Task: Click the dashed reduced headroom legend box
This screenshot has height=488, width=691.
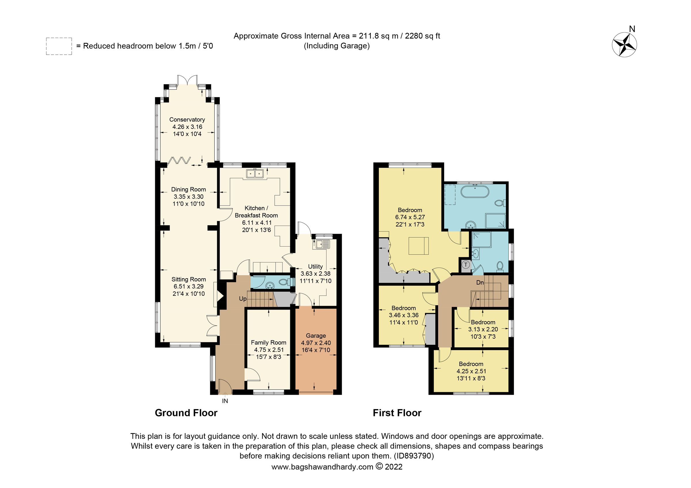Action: [x=59, y=46]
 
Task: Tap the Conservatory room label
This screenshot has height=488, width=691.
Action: [x=187, y=120]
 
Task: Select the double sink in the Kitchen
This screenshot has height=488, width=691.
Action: [x=255, y=174]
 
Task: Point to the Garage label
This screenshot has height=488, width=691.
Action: [x=316, y=335]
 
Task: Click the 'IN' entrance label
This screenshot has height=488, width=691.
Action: [x=225, y=401]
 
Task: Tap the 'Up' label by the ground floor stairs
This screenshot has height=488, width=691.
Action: [x=243, y=299]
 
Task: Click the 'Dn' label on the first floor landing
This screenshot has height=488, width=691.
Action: [x=480, y=283]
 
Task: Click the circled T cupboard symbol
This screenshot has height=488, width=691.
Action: [x=466, y=265]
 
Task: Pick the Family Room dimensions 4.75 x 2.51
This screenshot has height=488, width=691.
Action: [x=269, y=350]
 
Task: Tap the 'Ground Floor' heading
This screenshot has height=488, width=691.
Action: [x=186, y=413]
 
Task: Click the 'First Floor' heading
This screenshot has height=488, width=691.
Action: [x=397, y=413]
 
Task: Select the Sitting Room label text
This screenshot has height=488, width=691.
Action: [x=189, y=279]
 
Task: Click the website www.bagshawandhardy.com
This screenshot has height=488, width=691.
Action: [x=322, y=467]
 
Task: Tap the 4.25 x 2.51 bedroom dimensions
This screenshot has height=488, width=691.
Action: [x=471, y=371]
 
